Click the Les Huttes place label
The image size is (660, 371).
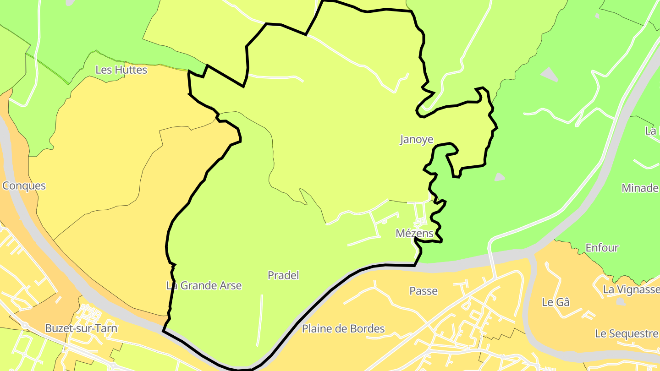pos(121,70)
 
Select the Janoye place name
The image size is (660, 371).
pos(417,140)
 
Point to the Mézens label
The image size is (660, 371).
pos(414,234)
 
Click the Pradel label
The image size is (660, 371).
pos(283,275)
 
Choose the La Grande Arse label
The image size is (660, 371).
pos(204,286)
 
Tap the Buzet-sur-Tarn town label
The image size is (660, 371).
pos(81,328)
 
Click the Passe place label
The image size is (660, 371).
pos(423,291)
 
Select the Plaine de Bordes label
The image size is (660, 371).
pos(343,329)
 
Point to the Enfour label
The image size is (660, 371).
pos(602,248)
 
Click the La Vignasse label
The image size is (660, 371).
pos(631,289)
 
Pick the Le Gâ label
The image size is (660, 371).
pos(555,302)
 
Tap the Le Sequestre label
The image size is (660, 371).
pos(626,333)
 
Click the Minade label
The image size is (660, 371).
pos(640,188)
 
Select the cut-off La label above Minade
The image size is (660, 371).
pos(651,131)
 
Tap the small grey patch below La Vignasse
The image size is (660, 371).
pos(621,301)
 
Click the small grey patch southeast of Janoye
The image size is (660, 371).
pos(500,177)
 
